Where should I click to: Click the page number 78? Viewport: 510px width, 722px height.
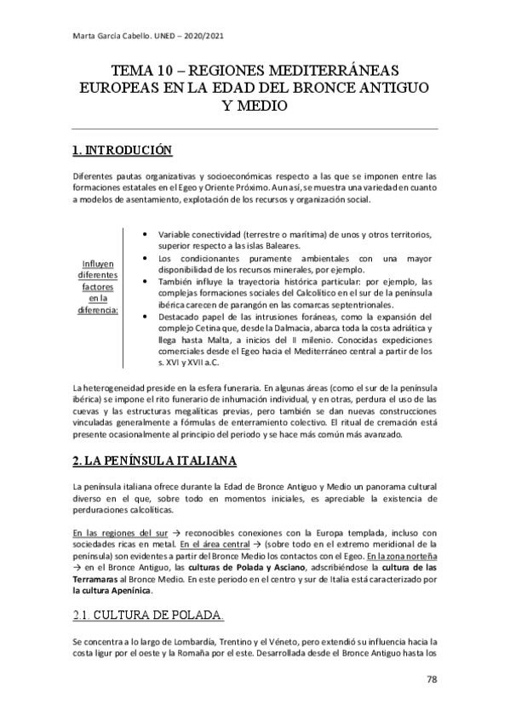[x=432, y=679]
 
